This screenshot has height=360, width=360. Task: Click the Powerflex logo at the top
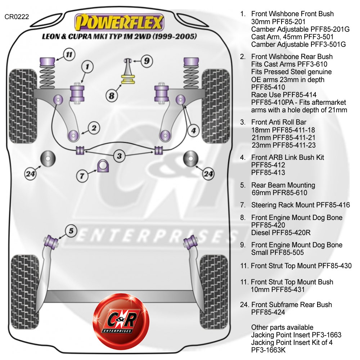click(119, 22)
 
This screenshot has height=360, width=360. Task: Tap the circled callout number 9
click(147, 61)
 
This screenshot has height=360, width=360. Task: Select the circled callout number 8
click(112, 95)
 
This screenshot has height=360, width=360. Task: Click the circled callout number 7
click(82, 176)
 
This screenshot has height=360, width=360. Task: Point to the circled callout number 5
click(71, 231)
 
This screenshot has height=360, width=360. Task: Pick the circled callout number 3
click(120, 156)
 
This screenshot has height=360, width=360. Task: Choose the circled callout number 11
click(69, 55)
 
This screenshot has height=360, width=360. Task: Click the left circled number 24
click(30, 174)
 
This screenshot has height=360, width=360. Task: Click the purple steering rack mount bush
click(103, 166)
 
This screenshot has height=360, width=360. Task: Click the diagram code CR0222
click(17, 17)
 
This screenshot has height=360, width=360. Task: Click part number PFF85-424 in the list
click(268, 312)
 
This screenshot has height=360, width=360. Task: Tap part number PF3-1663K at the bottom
click(269, 350)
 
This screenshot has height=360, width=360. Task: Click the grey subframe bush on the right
click(190, 158)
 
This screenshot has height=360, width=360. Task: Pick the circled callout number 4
click(194, 130)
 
